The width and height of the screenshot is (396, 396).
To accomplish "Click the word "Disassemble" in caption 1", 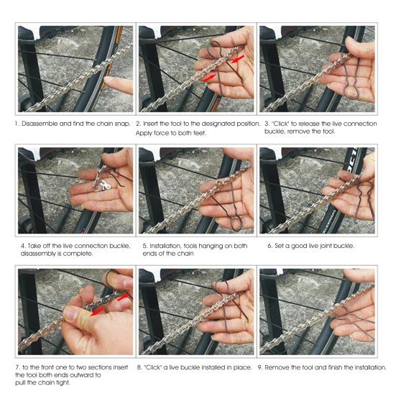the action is coord(40,124).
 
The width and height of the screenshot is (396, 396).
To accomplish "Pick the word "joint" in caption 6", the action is coord(320,246).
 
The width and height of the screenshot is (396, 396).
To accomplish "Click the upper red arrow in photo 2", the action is coord(238,59).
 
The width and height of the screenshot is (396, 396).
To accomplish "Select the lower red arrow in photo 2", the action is coord(209,78).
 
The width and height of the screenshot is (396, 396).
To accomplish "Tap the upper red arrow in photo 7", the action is coord(125,297).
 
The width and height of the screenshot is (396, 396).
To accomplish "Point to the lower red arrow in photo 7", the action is coord(98,311).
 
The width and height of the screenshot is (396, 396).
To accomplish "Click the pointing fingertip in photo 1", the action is coord(109,80).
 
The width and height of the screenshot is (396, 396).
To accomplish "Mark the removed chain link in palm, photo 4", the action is coord(103,186).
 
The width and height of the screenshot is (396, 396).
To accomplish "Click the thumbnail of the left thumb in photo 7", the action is coord(71,313).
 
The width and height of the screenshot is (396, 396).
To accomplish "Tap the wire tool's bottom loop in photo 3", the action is coord(351,91).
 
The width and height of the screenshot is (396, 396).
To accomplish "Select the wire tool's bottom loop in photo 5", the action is coord(236,223).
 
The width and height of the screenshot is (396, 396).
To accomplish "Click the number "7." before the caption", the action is coord(18,367).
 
